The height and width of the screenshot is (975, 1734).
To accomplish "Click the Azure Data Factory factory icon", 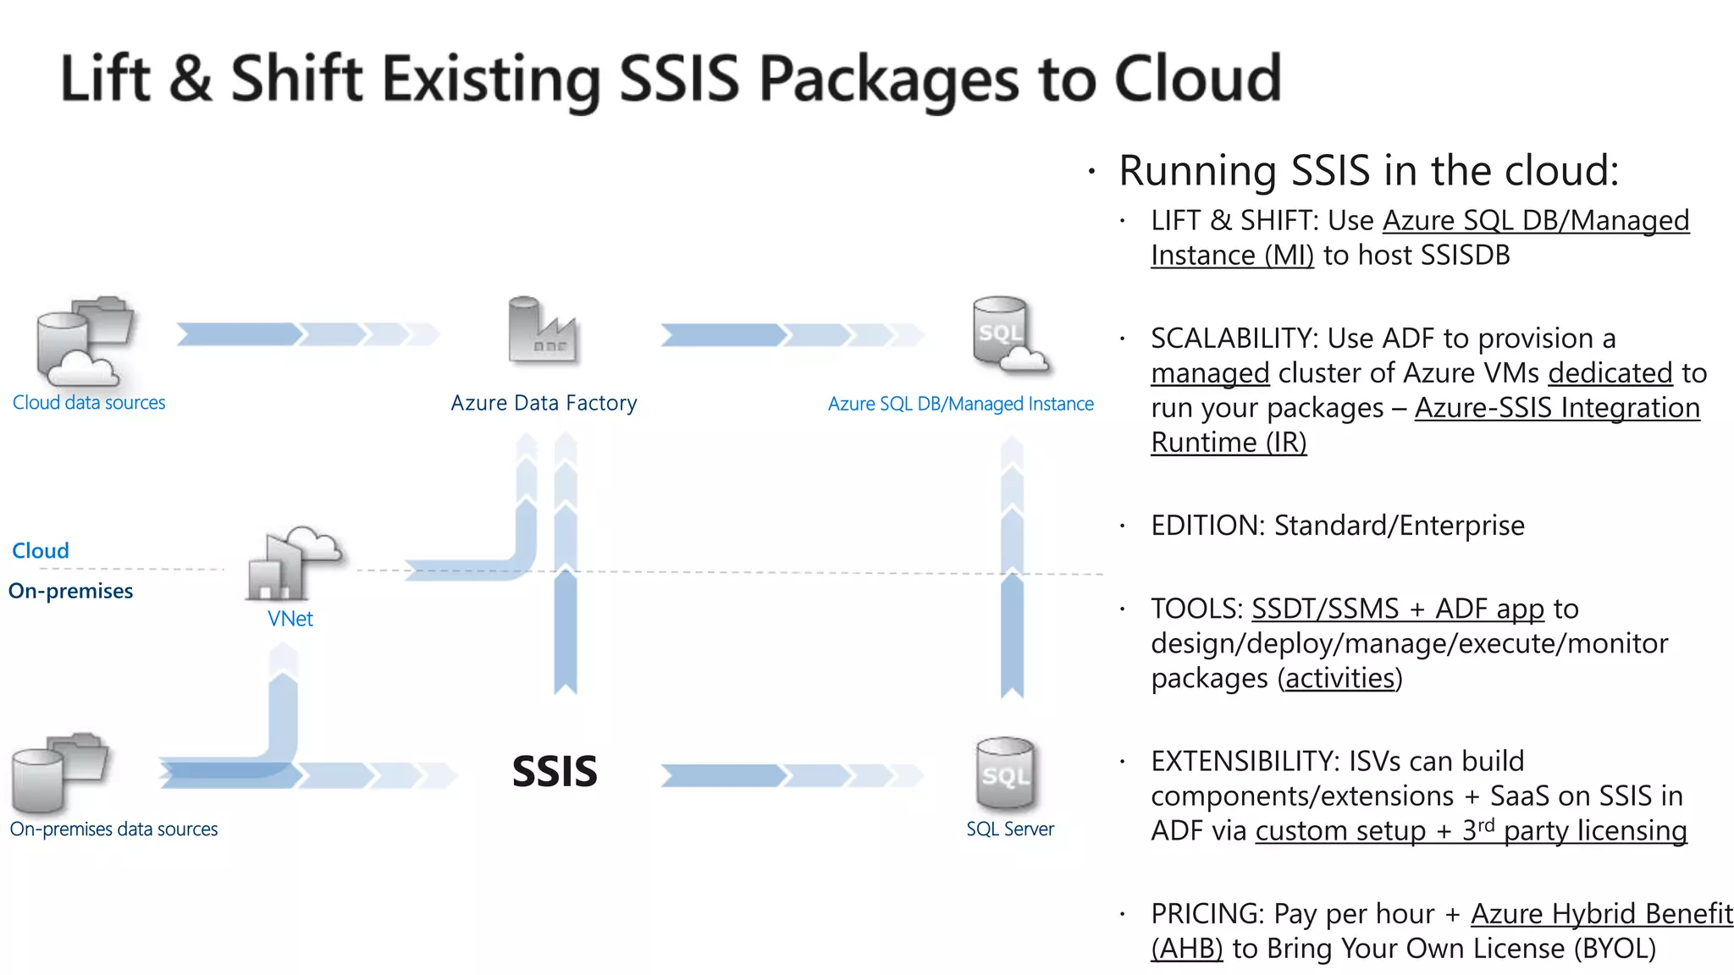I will pyautogui.click(x=542, y=331).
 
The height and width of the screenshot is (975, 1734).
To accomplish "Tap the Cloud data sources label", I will pyautogui.click(x=89, y=403).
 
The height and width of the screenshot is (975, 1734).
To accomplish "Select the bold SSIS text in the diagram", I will pyautogui.click(x=555, y=772).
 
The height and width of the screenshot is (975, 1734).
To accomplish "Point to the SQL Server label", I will pyautogui.click(x=1010, y=829).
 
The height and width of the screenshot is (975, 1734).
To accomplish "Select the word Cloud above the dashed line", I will pyautogui.click(x=41, y=551).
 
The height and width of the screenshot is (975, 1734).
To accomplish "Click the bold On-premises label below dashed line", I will pyautogui.click(x=71, y=591).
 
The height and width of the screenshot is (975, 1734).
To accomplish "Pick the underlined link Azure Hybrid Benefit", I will pyautogui.click(x=1601, y=914).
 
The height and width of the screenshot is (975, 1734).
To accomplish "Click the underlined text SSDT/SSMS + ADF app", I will pyautogui.click(x=1397, y=609).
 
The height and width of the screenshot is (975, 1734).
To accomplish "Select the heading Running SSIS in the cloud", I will pyautogui.click(x=1368, y=171).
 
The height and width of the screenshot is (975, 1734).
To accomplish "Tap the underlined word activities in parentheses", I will pyautogui.click(x=1339, y=679).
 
